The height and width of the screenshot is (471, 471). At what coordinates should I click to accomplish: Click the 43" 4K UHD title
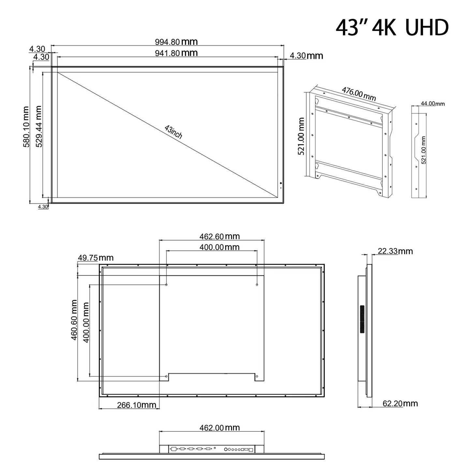(x=392, y=28)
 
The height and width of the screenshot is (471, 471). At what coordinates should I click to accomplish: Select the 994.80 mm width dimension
(x=176, y=42)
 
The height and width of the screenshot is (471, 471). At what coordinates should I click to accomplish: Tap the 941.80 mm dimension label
(x=176, y=53)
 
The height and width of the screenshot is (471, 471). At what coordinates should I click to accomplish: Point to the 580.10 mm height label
(x=26, y=126)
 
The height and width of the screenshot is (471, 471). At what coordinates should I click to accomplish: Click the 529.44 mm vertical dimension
(x=39, y=126)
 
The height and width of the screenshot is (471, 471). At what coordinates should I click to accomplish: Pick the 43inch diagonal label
(x=173, y=132)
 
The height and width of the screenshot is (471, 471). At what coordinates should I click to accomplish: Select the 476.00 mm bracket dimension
(x=359, y=94)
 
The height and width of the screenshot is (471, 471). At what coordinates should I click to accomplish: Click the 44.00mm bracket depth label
(x=433, y=104)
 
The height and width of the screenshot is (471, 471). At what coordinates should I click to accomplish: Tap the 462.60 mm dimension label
(x=219, y=236)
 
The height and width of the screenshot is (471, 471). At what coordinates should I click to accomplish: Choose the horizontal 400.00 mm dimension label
(x=219, y=247)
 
